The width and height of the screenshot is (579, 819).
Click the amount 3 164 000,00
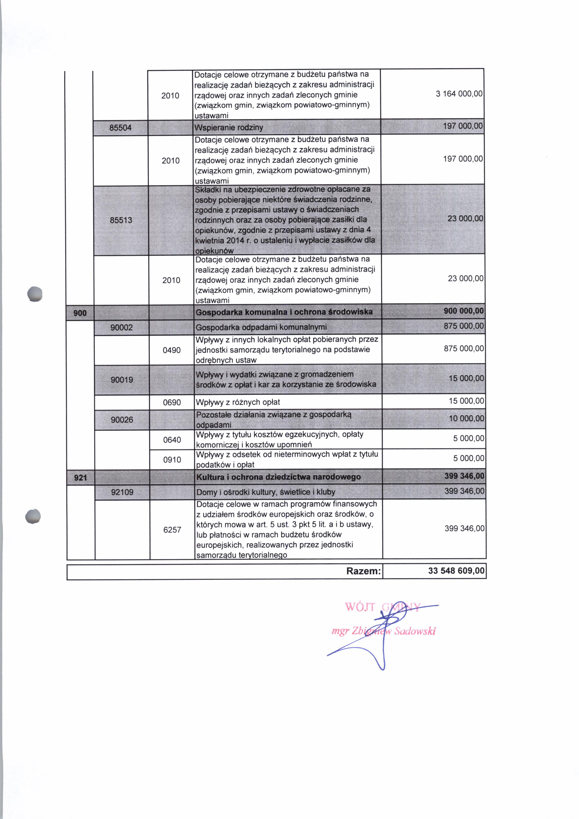(x=459, y=94)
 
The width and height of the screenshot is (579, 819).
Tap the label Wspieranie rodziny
(x=229, y=127)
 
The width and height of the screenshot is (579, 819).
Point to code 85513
(x=121, y=220)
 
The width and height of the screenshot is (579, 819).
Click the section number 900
(x=80, y=313)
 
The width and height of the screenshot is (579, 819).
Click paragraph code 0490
(x=172, y=350)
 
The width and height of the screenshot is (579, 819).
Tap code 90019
(x=122, y=379)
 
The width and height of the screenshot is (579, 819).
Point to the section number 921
(x=80, y=478)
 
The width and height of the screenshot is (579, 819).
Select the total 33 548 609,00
(x=456, y=571)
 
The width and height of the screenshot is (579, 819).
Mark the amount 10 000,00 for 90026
(x=466, y=418)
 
